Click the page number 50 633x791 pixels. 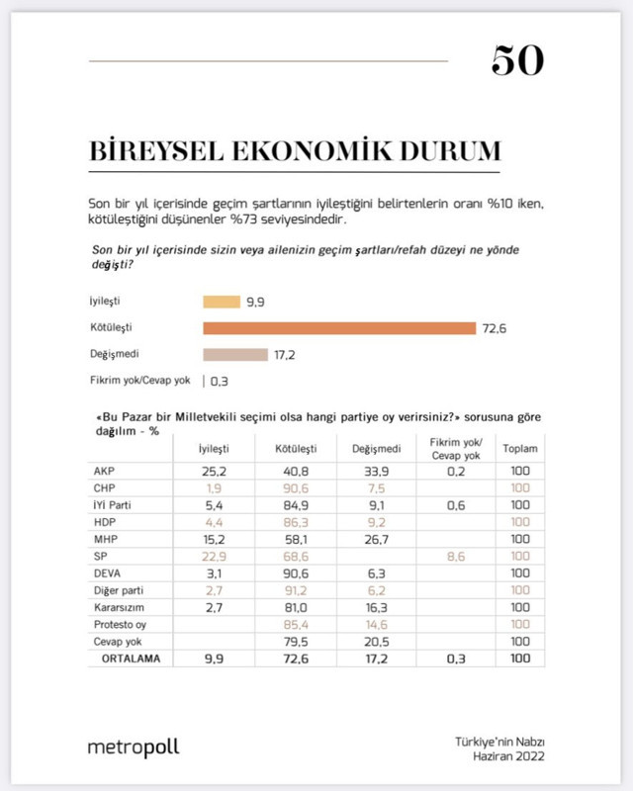(517, 62)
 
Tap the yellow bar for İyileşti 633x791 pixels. (222, 303)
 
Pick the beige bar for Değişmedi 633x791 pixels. (235, 354)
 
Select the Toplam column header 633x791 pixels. (520, 448)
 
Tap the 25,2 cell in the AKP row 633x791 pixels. (215, 471)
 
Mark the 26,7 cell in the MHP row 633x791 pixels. (369, 538)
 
